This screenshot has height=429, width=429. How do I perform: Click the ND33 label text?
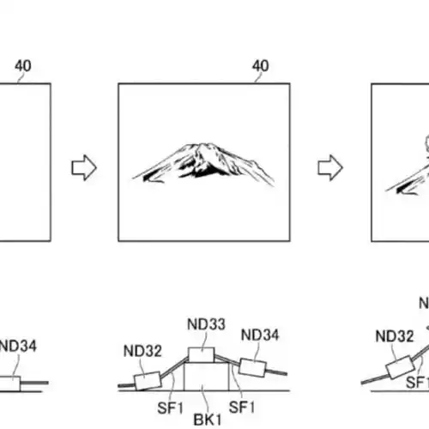tap(206, 324)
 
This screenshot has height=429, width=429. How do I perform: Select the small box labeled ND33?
tap(201, 355)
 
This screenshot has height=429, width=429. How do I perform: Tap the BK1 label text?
tap(208, 420)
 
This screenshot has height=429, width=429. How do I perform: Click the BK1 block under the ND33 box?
tap(207, 377)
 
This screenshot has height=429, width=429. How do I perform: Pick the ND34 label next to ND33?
tap(260, 335)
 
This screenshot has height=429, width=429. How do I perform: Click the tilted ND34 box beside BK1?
tap(252, 367)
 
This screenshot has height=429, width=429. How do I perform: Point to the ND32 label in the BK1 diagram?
tap(142, 351)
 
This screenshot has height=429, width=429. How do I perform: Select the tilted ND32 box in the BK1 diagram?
tap(148, 381)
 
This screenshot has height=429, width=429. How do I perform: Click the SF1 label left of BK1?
tap(170, 408)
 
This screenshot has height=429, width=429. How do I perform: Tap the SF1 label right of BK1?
tap(242, 408)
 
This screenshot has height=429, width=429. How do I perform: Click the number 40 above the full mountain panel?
tap(260, 66)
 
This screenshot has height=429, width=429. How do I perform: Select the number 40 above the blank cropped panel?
tap(23, 66)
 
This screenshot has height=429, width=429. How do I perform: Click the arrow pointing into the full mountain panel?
tap(84, 167)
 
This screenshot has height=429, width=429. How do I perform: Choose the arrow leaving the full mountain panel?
tap(330, 167)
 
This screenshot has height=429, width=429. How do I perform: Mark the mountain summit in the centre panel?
tap(203, 144)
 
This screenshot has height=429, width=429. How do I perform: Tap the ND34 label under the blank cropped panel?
tap(18, 346)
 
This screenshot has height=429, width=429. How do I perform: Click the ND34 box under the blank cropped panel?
tap(10, 384)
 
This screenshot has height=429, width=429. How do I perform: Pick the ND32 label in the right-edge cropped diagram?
tap(395, 336)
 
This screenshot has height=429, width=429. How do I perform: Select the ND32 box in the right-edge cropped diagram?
tap(401, 367)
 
